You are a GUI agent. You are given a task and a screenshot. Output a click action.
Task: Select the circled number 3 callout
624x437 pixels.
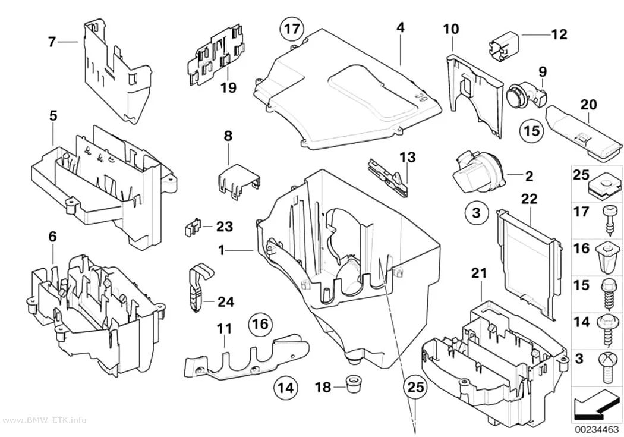point(477,212)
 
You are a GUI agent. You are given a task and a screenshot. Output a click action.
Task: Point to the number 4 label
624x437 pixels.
point(401,27)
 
